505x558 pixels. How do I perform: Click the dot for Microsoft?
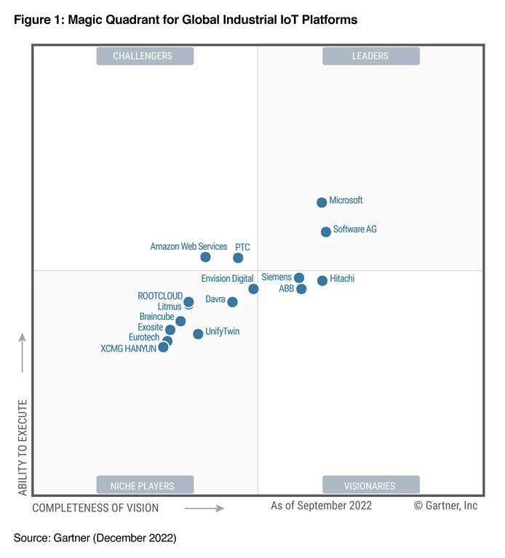click(x=322, y=202)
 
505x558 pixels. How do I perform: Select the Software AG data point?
click(x=326, y=232)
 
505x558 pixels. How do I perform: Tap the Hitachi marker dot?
click(x=322, y=280)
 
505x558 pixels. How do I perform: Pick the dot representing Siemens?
click(x=299, y=278)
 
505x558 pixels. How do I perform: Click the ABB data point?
click(x=301, y=289)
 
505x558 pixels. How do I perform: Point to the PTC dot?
click(x=238, y=258)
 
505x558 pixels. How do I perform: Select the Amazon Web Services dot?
click(x=205, y=257)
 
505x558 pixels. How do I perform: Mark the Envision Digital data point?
click(x=253, y=289)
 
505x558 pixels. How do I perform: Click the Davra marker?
click(x=232, y=302)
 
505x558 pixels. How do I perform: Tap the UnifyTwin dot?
click(x=198, y=334)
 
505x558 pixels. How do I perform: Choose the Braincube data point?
click(x=180, y=321)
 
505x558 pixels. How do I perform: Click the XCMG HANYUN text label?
click(x=128, y=349)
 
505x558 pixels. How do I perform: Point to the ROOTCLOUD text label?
click(x=160, y=296)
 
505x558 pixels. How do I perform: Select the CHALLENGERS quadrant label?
click(x=145, y=56)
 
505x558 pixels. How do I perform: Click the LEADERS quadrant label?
click(x=370, y=56)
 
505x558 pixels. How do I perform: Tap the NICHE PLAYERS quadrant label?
click(x=145, y=485)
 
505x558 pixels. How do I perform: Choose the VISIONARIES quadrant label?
click(x=370, y=485)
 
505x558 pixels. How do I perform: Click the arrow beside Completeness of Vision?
click(x=204, y=509)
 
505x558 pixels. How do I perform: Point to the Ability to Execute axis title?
click(x=23, y=448)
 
